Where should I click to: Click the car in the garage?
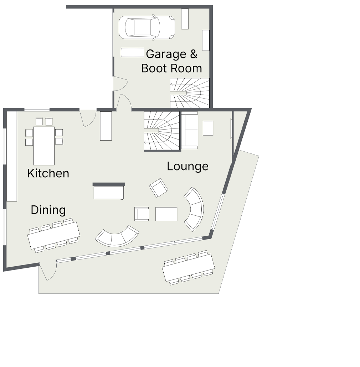pyautogui.click(x=147, y=27)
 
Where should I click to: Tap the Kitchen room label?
pyautogui.click(x=48, y=173)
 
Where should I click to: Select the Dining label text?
pyautogui.click(x=48, y=210)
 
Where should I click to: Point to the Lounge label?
pyautogui.click(x=188, y=167)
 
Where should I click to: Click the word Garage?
pyautogui.click(x=166, y=54)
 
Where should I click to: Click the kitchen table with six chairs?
pyautogui.click(x=44, y=141)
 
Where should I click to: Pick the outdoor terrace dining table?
pyautogui.click(x=188, y=268)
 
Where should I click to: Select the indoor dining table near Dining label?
pyautogui.click(x=54, y=235)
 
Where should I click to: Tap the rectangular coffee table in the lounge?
pyautogui.click(x=166, y=214)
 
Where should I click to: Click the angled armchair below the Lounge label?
pyautogui.click(x=159, y=188)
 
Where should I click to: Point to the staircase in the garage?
pyautogui.click(x=190, y=93)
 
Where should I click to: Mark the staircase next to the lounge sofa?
pyautogui.click(x=161, y=131)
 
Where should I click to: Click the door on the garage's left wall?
pyautogui.click(x=120, y=84)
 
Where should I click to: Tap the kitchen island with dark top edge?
pyautogui.click(x=109, y=191)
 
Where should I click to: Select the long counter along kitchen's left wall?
pyautogui.click(x=12, y=156)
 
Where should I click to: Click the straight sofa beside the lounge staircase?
pyautogui.click(x=190, y=130)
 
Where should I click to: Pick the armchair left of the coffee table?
pyautogui.click(x=142, y=214)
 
